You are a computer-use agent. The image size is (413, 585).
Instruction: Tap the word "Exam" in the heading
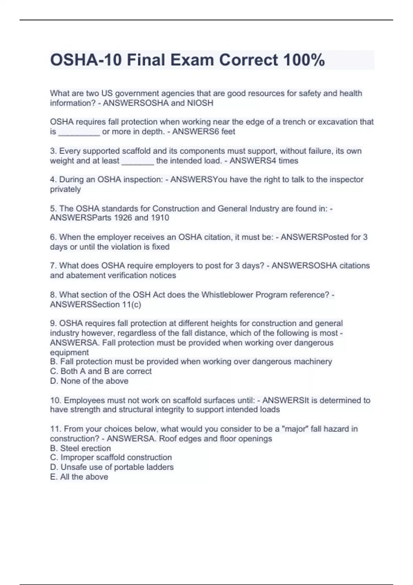click(x=192, y=60)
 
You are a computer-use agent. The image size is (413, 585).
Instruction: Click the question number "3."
click(x=53, y=151)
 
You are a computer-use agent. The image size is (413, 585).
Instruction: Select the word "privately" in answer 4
click(x=65, y=189)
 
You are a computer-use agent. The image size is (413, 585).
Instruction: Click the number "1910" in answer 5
click(x=160, y=218)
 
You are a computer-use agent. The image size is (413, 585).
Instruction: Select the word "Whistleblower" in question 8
click(x=227, y=295)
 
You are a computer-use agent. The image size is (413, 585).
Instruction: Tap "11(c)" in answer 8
click(x=131, y=305)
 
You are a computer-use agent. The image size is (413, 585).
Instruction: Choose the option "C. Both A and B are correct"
click(x=101, y=371)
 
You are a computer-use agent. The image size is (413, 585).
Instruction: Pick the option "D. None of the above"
click(x=89, y=381)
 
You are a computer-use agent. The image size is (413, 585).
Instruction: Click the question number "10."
click(x=56, y=400)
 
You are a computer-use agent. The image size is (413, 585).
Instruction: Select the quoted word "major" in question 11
click(x=295, y=429)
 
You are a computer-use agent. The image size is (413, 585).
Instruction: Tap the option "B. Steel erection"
click(x=81, y=448)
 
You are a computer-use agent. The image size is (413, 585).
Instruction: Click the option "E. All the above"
click(x=79, y=477)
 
